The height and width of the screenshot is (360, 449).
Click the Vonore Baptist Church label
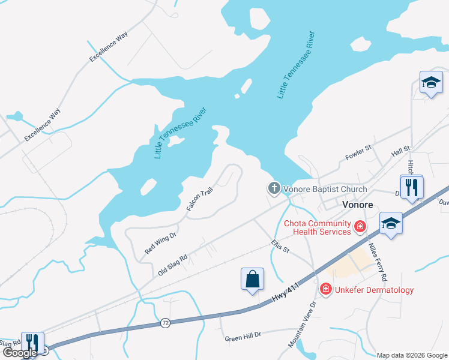325,190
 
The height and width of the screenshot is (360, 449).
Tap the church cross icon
274,189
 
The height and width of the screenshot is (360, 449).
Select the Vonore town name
357,205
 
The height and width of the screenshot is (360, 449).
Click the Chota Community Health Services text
322,227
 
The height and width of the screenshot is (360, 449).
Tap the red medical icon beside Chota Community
360,226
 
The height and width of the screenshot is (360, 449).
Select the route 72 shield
165,323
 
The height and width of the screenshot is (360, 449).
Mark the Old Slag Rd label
173,264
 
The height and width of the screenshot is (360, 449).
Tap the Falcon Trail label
199,199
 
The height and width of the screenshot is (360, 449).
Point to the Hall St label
400,152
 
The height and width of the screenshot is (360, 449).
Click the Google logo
20,353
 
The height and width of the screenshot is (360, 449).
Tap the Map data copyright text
412,355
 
